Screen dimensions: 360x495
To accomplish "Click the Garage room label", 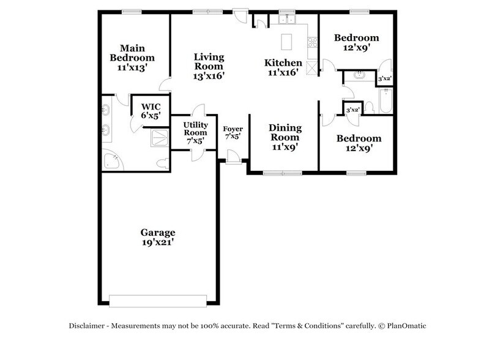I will tap(158, 237).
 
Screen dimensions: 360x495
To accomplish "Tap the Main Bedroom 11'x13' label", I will tap(132, 58).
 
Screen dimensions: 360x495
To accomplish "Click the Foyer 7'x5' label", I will tap(233, 133).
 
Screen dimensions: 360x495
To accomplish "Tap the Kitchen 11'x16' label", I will tap(283, 67).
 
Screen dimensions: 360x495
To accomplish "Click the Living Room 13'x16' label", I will tap(209, 66).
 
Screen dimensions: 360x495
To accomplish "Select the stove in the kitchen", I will tap(312, 42).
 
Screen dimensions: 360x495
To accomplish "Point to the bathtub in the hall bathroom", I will tap(385, 102).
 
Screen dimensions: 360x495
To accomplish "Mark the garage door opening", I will tap(158, 300).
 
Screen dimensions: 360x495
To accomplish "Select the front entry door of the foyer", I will tap(233, 160).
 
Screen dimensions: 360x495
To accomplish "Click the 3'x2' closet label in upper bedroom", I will tap(385, 79).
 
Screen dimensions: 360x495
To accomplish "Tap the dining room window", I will tap(282, 173).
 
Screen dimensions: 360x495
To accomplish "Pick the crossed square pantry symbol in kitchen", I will tap(312, 67).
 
